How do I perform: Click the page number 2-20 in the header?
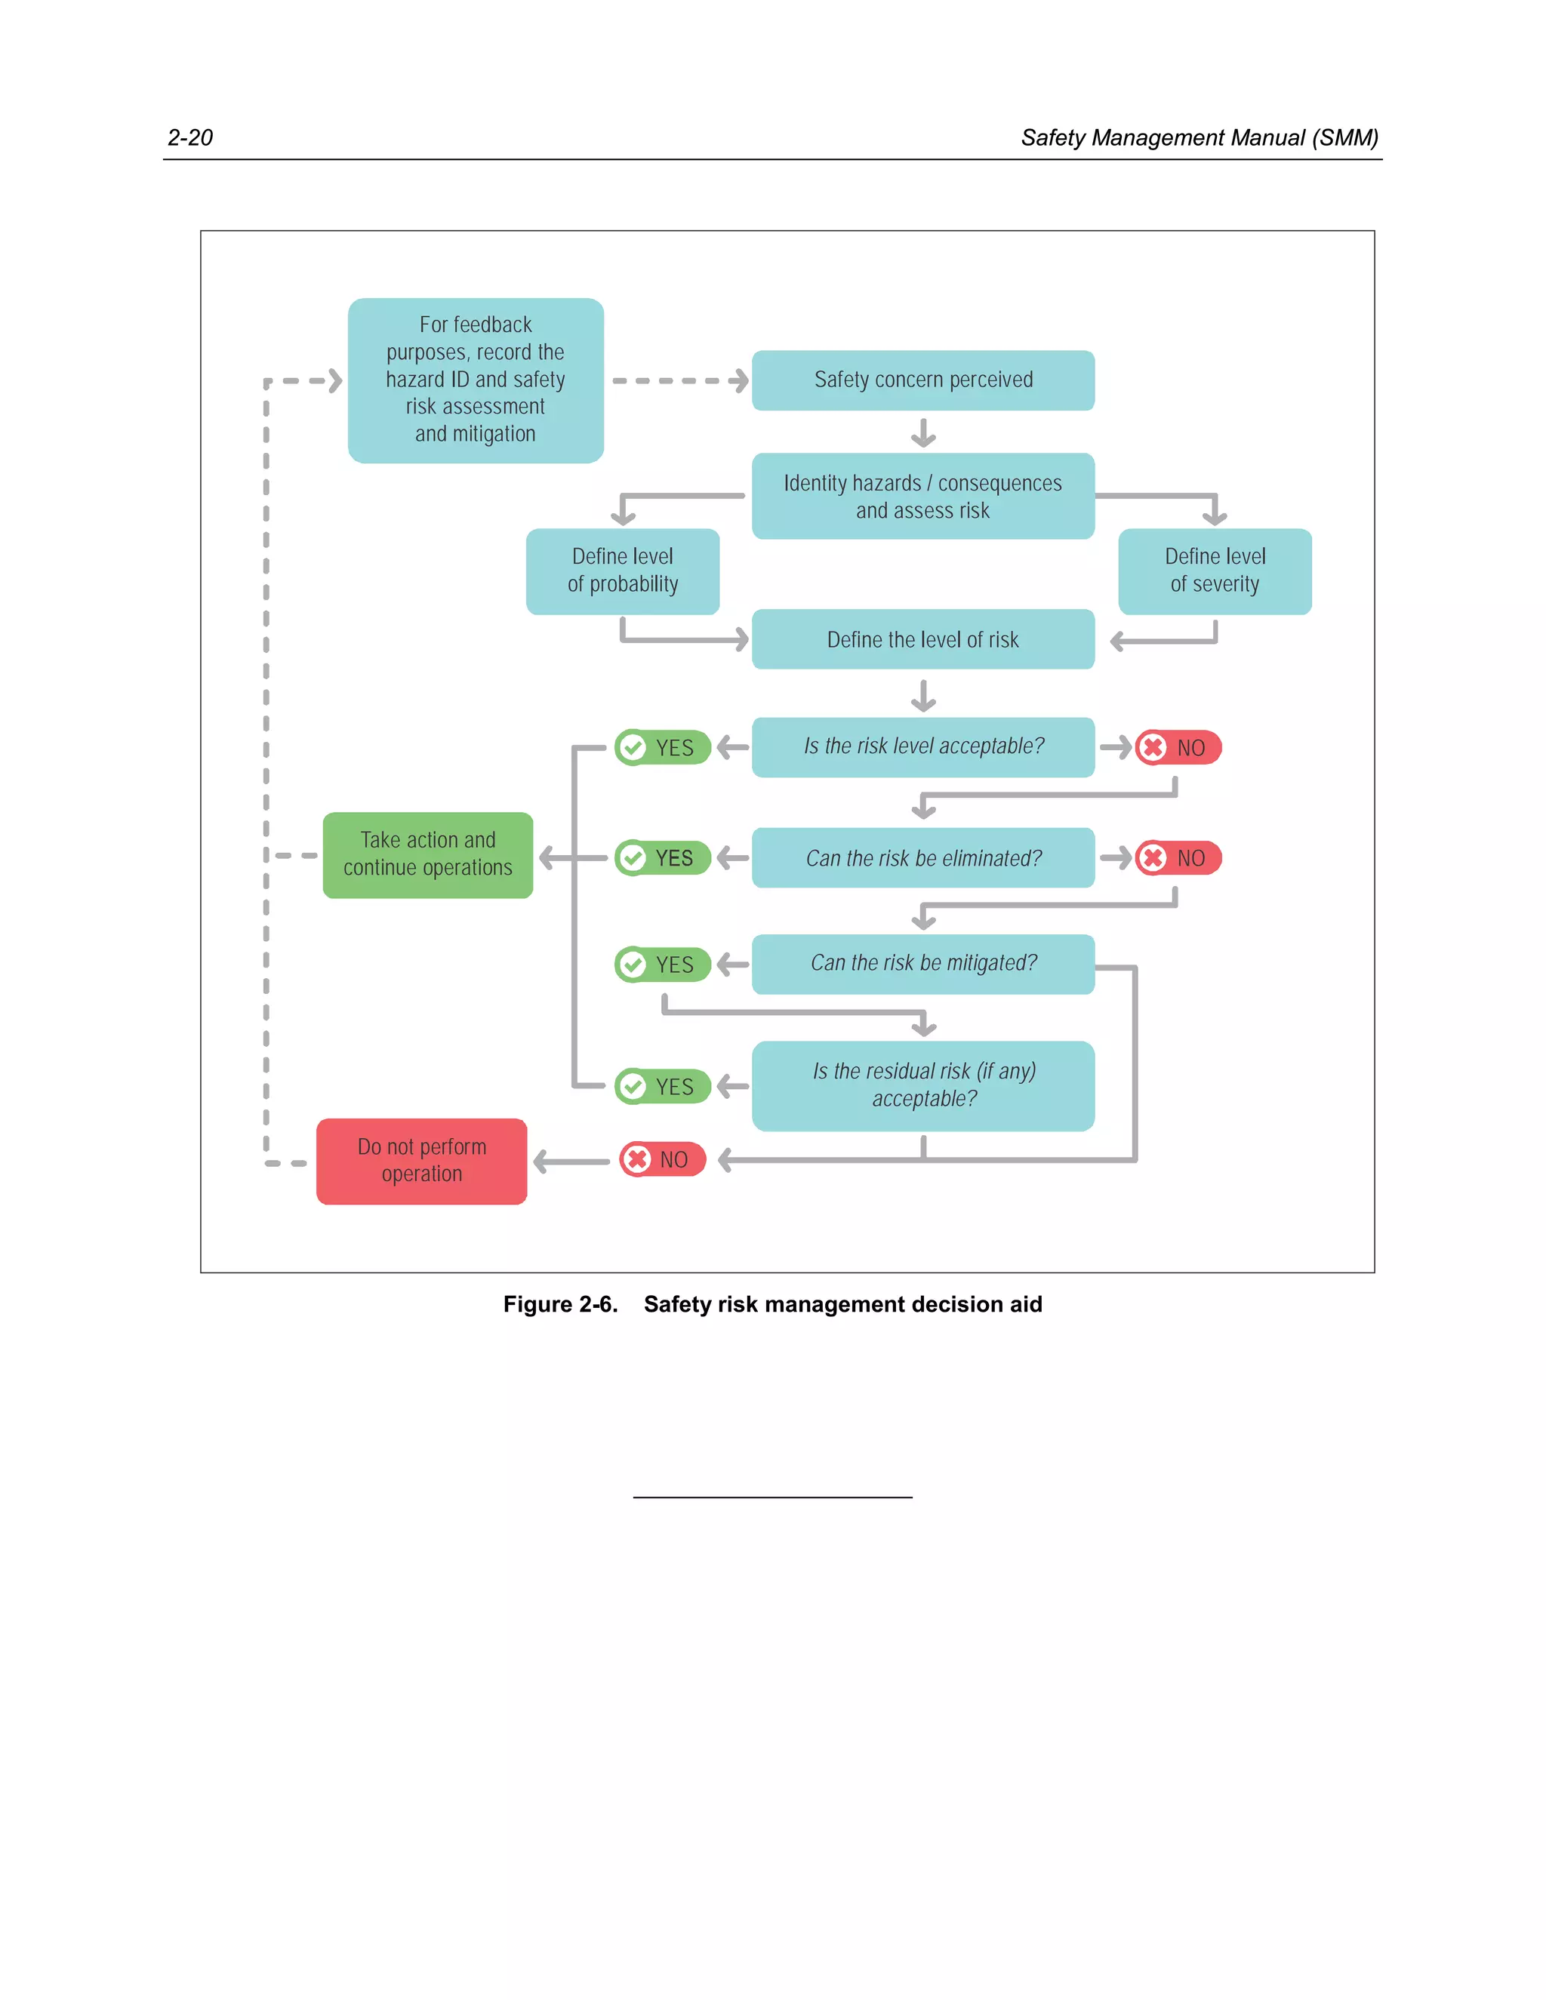tap(189, 137)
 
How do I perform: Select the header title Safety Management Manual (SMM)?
tap(1199, 137)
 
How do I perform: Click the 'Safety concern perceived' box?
tap(922, 380)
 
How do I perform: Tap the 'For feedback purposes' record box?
tap(476, 380)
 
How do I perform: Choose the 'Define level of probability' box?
tap(622, 571)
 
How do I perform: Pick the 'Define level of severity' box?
tap(1215, 571)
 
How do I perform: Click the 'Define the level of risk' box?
tap(922, 639)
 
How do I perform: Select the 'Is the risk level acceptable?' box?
tap(922, 746)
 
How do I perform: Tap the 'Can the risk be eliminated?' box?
tap(922, 858)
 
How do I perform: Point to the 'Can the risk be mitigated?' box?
tap(922, 963)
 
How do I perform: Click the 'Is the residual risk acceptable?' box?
tap(922, 1085)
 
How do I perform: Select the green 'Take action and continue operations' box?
tap(428, 854)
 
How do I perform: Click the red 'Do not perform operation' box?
tap(421, 1160)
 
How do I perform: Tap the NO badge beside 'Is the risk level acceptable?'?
tap(1178, 747)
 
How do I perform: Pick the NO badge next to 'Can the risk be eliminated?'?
tap(1178, 858)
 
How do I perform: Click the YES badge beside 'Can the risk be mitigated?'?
tap(663, 965)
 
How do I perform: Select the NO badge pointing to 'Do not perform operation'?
tap(662, 1159)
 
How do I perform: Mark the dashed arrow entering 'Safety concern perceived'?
tap(679, 381)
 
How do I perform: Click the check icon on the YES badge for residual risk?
tap(632, 1086)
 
